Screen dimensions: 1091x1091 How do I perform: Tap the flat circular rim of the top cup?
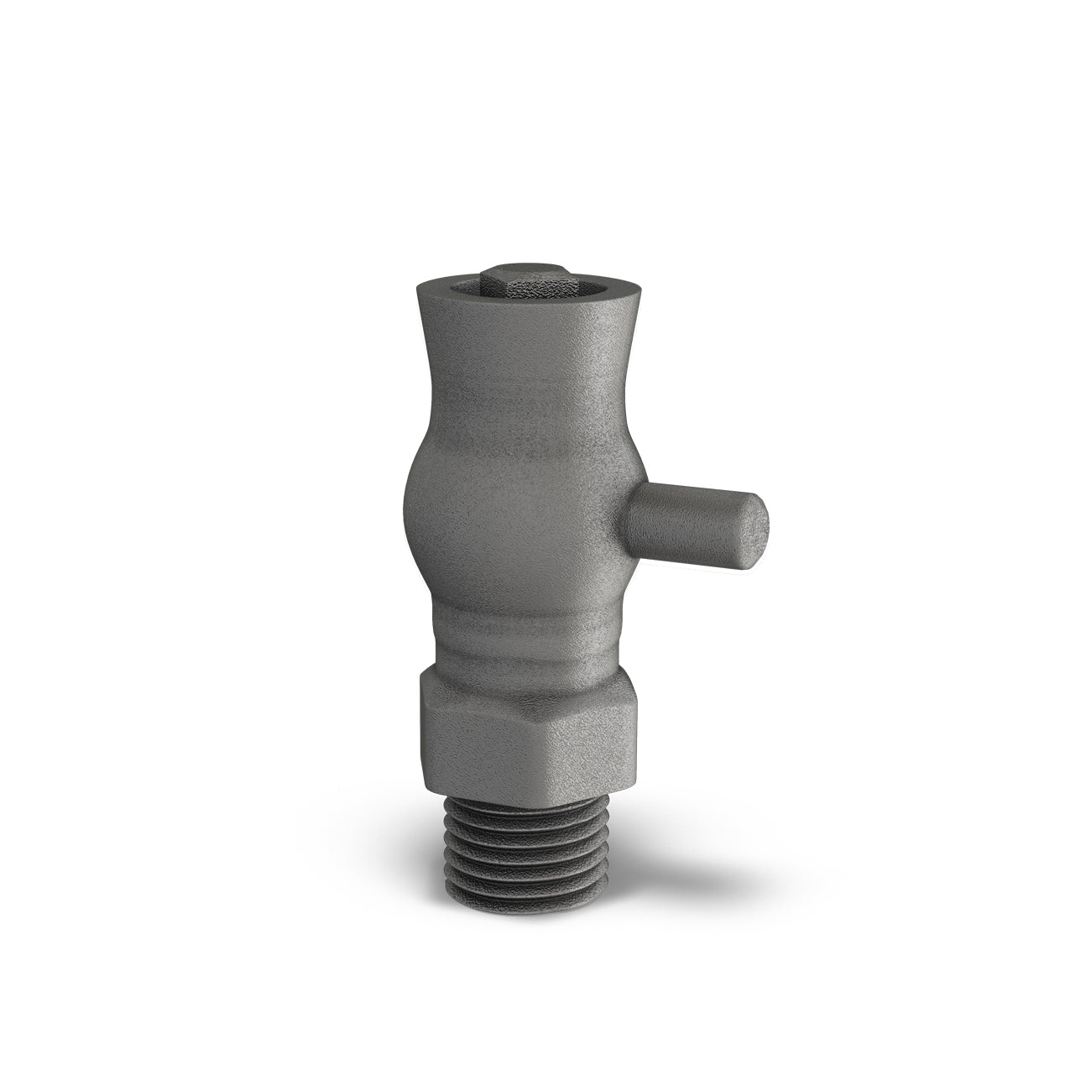tap(436, 293)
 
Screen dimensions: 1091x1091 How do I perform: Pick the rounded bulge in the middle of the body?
tap(504, 504)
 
